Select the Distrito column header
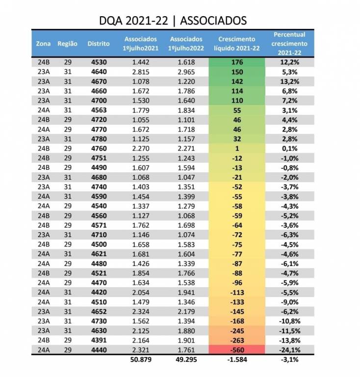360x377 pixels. coord(99,43)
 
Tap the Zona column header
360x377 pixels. coord(43,43)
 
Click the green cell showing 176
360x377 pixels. coord(236,62)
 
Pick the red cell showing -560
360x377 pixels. coord(236,350)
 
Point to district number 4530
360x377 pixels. coord(99,62)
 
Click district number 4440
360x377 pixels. coord(99,350)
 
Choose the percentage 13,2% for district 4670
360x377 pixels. coord(289,81)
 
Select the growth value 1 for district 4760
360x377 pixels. coord(236,149)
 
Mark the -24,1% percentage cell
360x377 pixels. coord(289,350)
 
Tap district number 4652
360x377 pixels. coord(99,312)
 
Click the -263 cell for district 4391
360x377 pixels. coord(236,340)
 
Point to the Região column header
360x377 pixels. coord(68,43)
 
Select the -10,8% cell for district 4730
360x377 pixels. coord(289,321)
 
